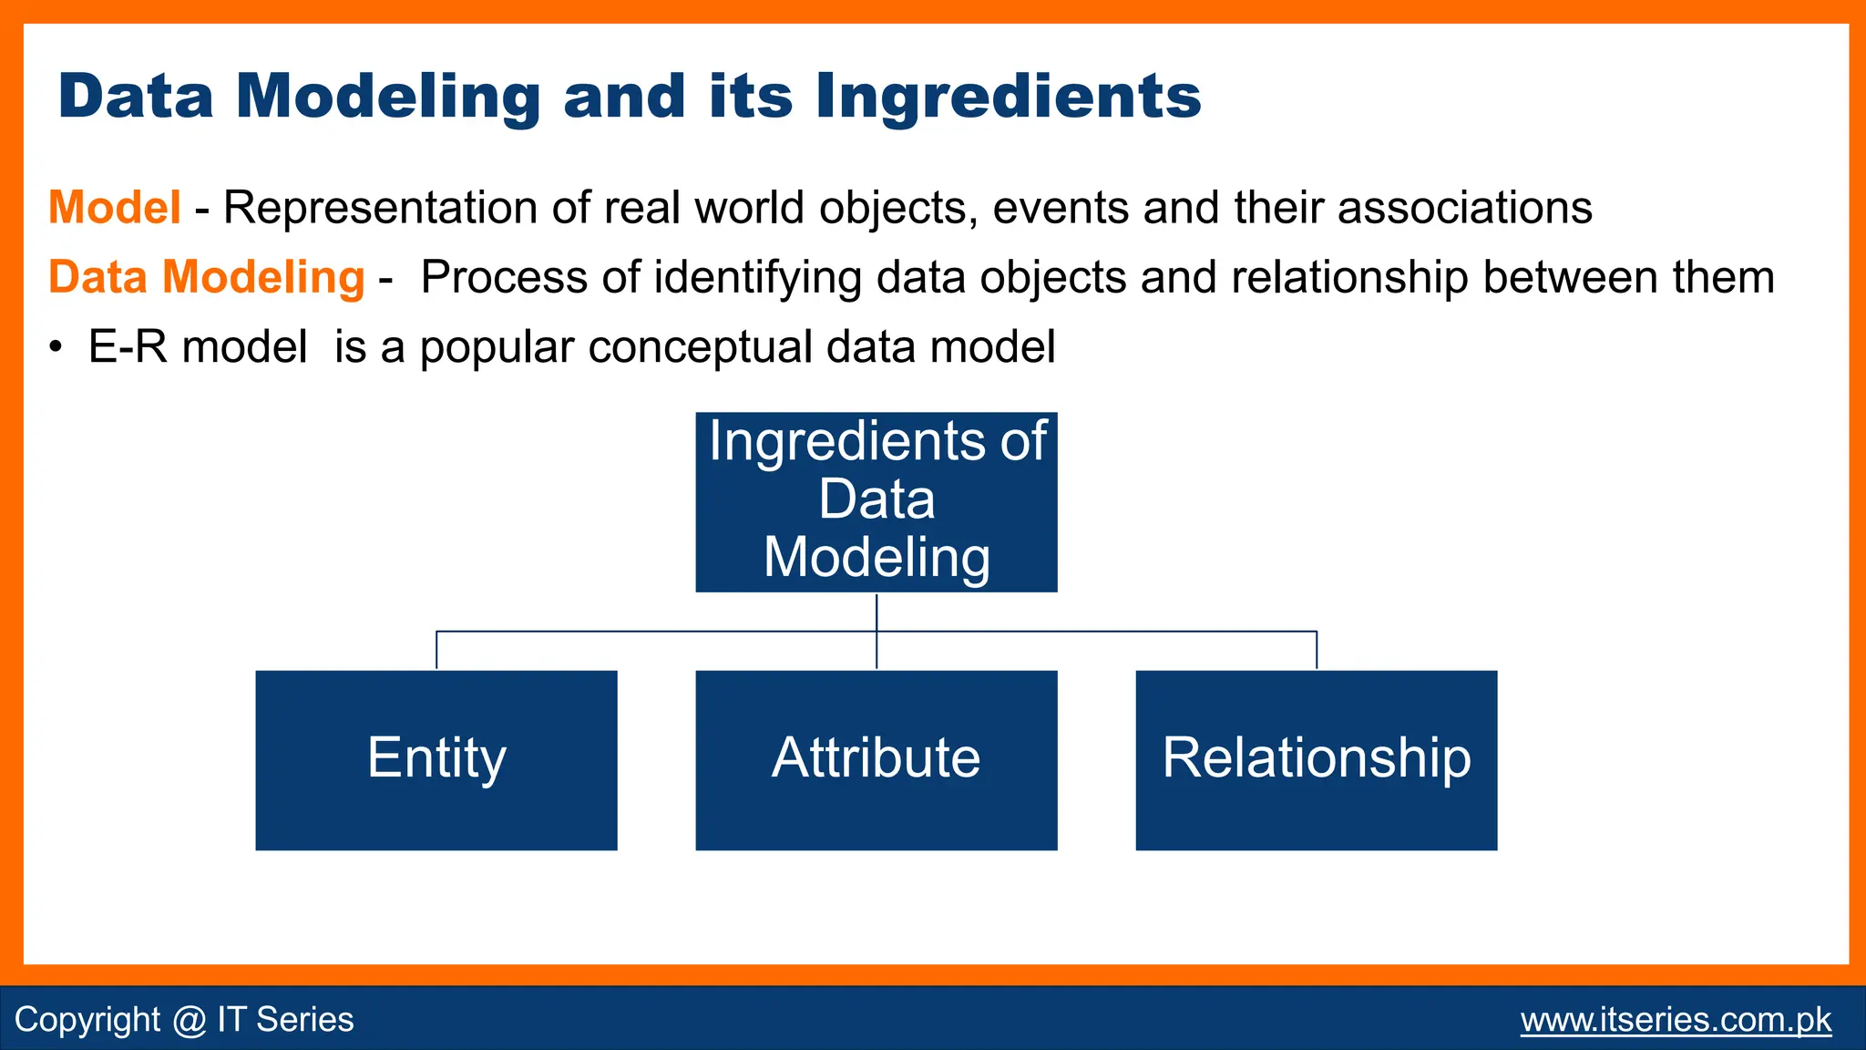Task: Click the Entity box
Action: (436, 760)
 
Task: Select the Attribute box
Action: (876, 760)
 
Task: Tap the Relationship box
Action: (1316, 760)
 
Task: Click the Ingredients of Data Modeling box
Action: (876, 501)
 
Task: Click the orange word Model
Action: (115, 208)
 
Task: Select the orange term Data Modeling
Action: (206, 277)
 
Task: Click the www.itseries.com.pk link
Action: (1676, 1019)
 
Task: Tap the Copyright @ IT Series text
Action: (184, 1019)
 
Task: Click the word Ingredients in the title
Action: (1008, 97)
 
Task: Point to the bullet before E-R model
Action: (56, 348)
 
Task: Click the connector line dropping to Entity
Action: (436, 650)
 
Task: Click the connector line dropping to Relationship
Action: (1317, 650)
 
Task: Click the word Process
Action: (504, 277)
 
